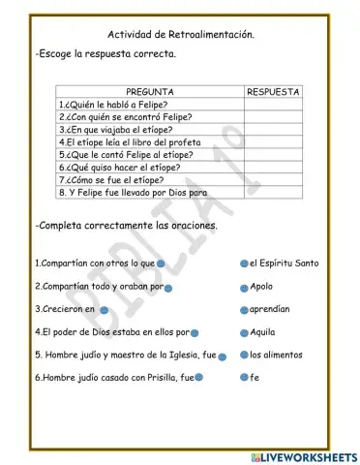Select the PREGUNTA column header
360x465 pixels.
pyautogui.click(x=149, y=91)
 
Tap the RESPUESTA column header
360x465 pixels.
pyautogui.click(x=273, y=91)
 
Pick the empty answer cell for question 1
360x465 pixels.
pyautogui.click(x=273, y=104)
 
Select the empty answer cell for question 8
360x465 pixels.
pyautogui.click(x=273, y=191)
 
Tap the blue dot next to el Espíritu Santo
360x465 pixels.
pyautogui.click(x=244, y=263)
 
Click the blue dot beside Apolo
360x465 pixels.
pyautogui.click(x=244, y=287)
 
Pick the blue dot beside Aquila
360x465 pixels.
pyautogui.click(x=244, y=332)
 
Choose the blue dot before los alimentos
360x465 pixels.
pyautogui.click(x=244, y=356)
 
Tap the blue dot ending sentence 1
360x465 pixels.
pyautogui.click(x=161, y=263)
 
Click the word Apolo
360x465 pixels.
pyautogui.click(x=261, y=287)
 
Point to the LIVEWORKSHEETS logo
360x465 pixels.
pyautogui.click(x=302, y=455)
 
